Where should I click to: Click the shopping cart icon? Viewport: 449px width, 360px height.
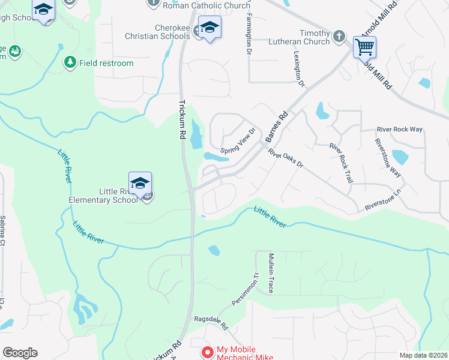(364, 46)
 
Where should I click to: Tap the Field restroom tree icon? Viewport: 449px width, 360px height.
(70, 62)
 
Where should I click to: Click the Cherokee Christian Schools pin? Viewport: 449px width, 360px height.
(209, 28)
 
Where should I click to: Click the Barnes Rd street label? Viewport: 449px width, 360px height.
(277, 126)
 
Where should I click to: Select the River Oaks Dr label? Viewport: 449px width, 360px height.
(286, 158)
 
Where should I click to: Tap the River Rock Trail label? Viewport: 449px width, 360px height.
(340, 163)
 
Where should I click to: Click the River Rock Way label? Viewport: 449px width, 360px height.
(400, 130)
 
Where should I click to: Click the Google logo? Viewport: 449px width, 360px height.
(20, 353)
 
